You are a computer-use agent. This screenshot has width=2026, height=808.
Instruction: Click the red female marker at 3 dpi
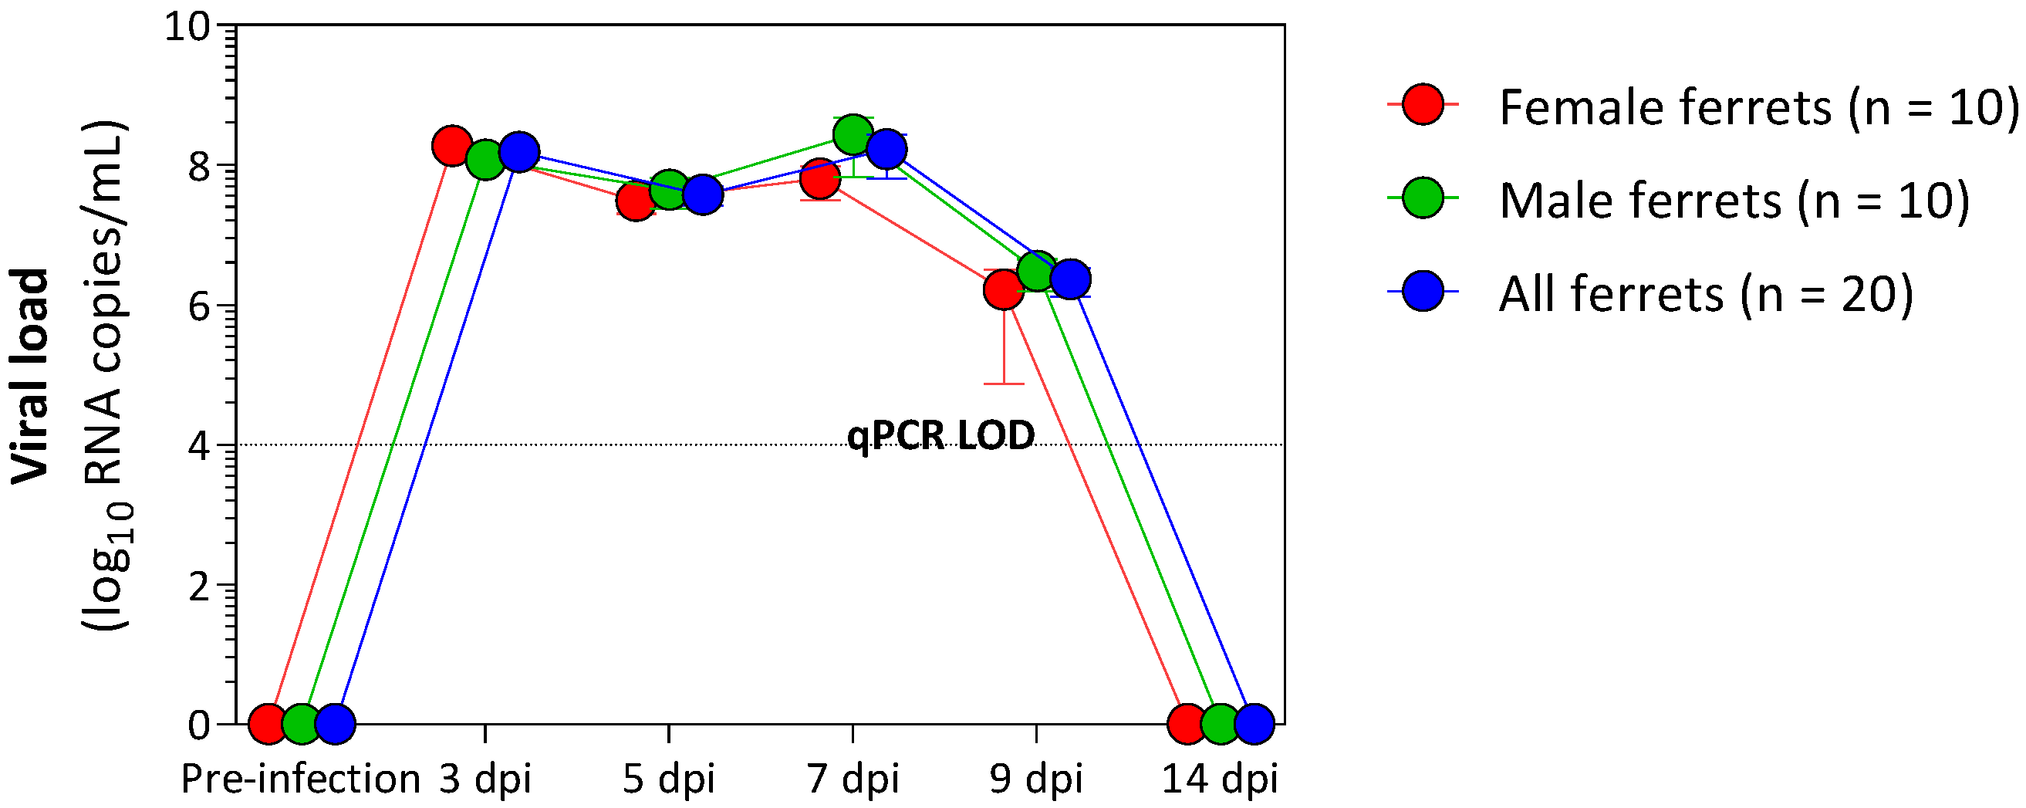click(451, 146)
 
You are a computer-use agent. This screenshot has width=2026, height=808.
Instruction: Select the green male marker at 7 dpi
click(853, 135)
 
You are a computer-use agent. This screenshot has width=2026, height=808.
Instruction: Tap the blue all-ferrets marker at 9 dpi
click(1069, 279)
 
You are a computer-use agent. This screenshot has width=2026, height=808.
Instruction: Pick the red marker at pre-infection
click(268, 723)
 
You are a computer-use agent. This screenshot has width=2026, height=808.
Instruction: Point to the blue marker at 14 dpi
click(1254, 723)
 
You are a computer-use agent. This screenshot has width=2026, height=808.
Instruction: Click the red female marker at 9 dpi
click(1004, 289)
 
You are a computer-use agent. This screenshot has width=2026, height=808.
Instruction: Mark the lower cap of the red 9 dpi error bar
click(1004, 384)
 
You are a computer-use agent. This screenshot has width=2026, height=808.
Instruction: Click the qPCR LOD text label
click(940, 435)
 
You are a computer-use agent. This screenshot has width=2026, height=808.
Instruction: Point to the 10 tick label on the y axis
click(187, 27)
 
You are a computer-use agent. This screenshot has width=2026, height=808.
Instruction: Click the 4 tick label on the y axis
click(200, 446)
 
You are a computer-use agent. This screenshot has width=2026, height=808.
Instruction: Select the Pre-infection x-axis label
click(300, 779)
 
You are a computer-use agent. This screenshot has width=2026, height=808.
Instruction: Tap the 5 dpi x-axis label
click(668, 779)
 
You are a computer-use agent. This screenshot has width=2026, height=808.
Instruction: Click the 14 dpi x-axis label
click(1220, 779)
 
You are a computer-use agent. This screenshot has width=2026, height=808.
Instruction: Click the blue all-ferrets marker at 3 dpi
click(519, 151)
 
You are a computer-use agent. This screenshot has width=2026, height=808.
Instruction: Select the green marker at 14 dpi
click(1221, 723)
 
